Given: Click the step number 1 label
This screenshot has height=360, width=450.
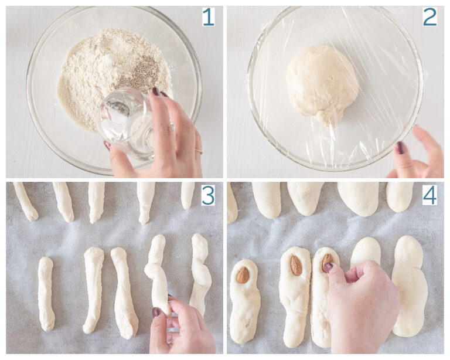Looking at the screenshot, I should click(208, 17).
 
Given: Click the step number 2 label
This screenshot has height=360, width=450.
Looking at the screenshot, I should click(429, 17).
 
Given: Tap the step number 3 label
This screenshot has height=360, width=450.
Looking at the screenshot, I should click(208, 195).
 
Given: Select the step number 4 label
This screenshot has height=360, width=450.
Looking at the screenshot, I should click(429, 195).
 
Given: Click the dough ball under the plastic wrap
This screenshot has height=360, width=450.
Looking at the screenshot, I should click(322, 82).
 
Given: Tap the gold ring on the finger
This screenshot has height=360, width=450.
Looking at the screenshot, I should click(199, 151).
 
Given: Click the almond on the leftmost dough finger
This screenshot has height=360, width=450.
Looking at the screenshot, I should click(243, 275).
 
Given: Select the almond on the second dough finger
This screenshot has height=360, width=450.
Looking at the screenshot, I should click(296, 266).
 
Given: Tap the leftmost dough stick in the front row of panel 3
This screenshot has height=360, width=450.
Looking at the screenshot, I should click(46, 293).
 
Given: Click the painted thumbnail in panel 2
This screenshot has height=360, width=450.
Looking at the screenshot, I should click(400, 148).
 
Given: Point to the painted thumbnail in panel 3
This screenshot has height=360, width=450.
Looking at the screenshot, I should click(157, 312).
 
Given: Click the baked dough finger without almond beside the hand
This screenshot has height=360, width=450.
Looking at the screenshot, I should click(365, 252).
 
